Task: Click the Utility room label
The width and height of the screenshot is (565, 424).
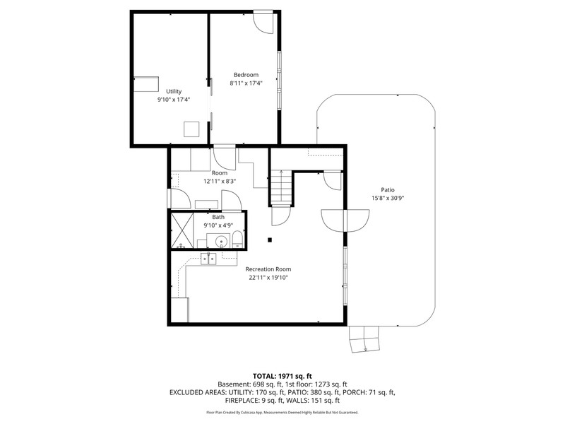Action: click(174, 92)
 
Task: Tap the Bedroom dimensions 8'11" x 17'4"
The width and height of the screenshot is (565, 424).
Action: click(246, 83)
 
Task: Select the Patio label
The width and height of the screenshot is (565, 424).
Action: click(388, 189)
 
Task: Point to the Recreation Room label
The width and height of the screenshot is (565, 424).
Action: click(268, 269)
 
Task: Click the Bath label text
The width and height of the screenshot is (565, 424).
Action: click(218, 217)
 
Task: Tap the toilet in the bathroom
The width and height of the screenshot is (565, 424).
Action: click(237, 240)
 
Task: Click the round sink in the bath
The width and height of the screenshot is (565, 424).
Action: click(221, 241)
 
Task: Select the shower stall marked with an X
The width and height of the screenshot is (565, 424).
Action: click(182, 231)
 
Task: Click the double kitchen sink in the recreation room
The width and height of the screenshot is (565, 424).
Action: click(208, 259)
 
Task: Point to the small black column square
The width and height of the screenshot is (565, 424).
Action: click(270, 240)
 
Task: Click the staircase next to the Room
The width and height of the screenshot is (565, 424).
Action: click(281, 187)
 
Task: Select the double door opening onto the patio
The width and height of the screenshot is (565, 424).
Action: click(345, 220)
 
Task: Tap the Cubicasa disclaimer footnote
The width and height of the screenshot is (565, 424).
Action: click(282, 412)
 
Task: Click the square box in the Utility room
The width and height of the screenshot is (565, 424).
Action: click(191, 129)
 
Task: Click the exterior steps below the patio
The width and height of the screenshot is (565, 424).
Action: click(364, 339)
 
